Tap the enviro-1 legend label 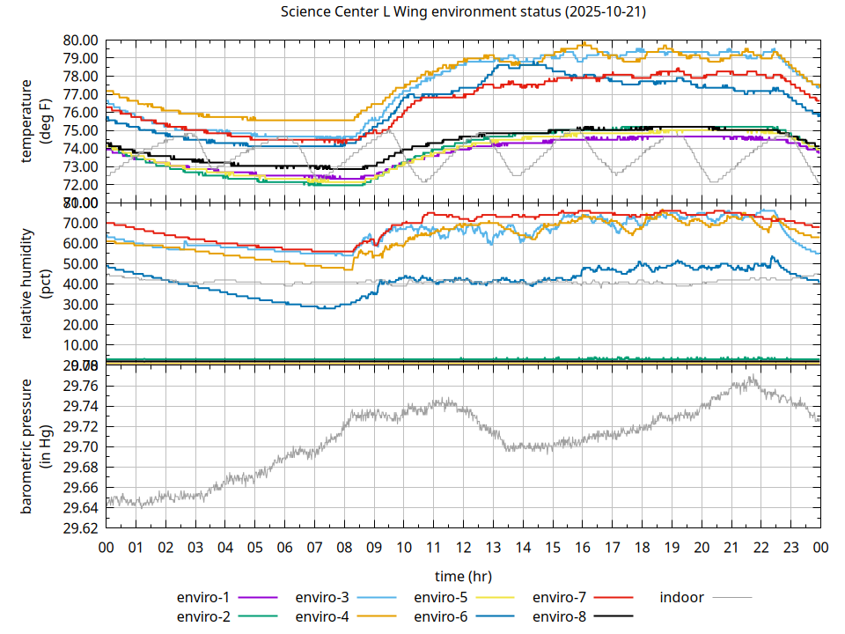[203, 597]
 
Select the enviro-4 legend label [322, 616]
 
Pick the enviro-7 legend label [560, 597]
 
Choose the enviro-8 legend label [560, 616]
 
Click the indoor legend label [681, 597]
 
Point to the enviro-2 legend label [203, 616]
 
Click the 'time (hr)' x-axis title [463, 576]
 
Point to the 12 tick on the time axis [463, 547]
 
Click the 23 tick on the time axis [790, 547]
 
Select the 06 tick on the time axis [284, 547]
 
